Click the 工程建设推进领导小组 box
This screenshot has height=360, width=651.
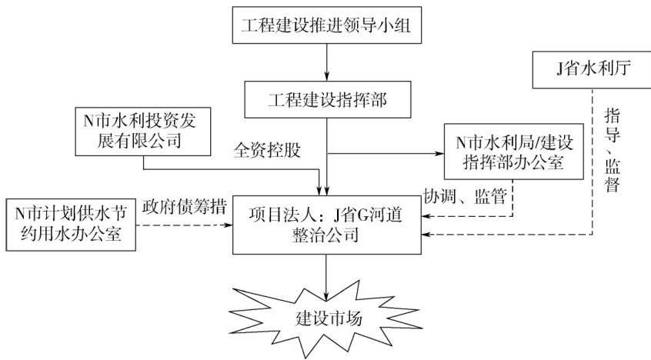(x=327, y=25)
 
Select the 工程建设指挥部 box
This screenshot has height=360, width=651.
(x=328, y=98)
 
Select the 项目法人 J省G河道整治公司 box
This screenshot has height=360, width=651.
(x=327, y=224)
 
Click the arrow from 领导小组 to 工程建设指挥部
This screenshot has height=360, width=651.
(x=328, y=62)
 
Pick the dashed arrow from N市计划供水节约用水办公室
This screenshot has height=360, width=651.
(x=185, y=225)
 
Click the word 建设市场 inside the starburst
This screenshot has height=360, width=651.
(x=327, y=318)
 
